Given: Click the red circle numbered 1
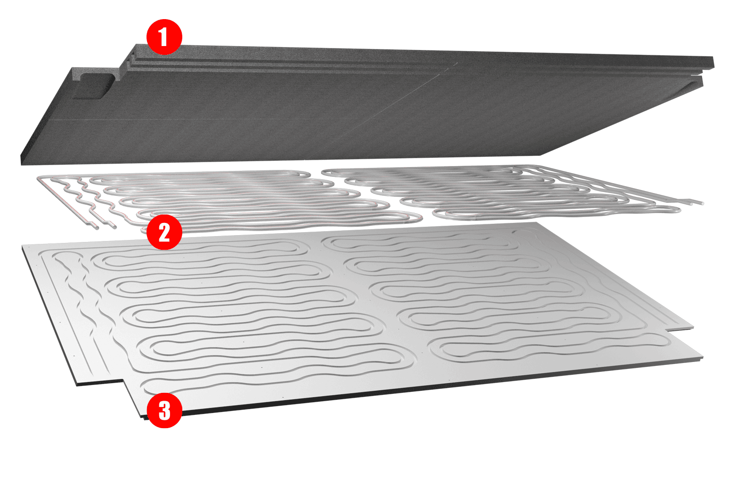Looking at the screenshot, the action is pos(164,37).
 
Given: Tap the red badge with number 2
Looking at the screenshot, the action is pos(164,232).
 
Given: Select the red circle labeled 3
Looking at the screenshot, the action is pos(164,410).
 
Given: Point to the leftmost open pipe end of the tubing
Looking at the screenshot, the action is pos(97,227).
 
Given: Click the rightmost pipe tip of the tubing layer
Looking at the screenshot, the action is pos(702,203).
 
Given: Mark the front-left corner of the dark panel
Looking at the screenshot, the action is pos(21,164).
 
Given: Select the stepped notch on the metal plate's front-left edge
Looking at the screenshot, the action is pos(123,382).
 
